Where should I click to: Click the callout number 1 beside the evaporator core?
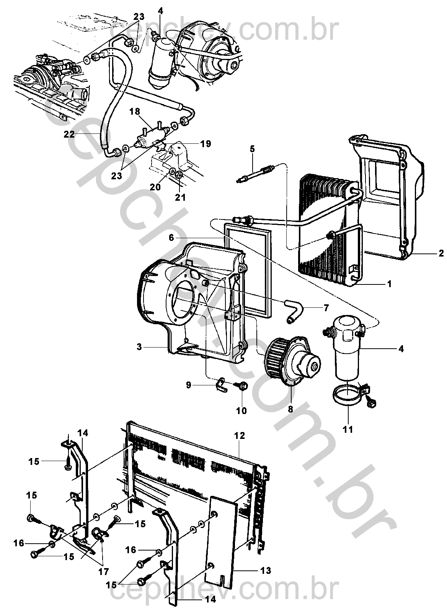389,284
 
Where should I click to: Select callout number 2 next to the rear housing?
441,253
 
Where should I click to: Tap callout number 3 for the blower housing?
140,347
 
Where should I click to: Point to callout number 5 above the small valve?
252,149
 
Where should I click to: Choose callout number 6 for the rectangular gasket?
171,238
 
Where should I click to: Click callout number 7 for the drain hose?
326,308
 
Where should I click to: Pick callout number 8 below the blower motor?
290,409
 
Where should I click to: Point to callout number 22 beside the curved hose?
69,134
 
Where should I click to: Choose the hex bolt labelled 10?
243,386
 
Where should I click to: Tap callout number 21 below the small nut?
180,197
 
